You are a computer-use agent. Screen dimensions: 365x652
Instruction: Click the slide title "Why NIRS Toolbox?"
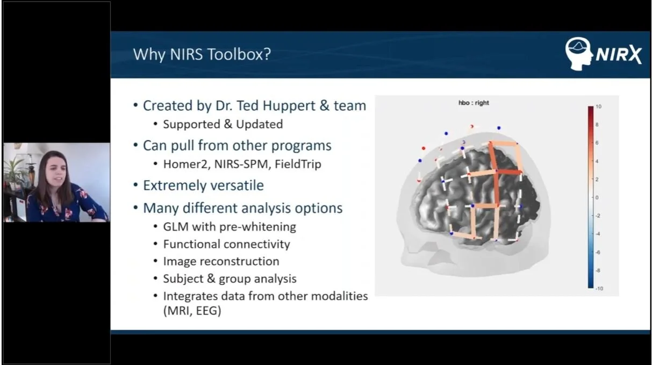click(202, 54)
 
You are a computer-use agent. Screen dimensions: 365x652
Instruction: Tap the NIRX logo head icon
click(578, 53)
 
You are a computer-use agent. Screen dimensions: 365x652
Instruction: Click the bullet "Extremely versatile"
click(203, 185)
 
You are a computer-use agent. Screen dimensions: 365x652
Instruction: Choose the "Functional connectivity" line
click(226, 244)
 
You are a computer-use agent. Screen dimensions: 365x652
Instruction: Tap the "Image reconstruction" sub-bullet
click(221, 261)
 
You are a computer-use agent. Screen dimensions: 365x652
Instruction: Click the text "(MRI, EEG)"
click(192, 311)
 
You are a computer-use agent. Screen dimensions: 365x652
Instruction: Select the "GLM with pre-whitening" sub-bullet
click(230, 227)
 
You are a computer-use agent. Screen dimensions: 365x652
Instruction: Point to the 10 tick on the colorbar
click(598, 106)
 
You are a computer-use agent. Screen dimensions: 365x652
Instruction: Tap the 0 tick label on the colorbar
click(598, 197)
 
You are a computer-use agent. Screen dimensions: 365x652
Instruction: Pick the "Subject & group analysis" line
click(230, 278)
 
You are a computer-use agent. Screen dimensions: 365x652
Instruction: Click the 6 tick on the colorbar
click(598, 143)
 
